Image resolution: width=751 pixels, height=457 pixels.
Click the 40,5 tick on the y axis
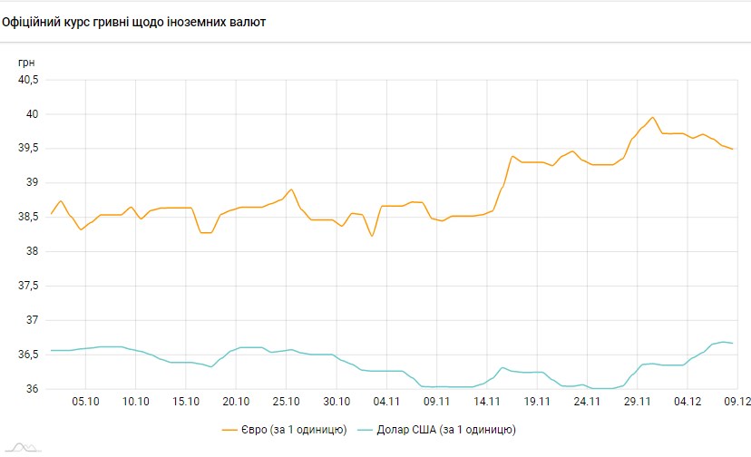(x=30, y=80)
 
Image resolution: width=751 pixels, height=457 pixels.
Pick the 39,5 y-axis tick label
(x=30, y=149)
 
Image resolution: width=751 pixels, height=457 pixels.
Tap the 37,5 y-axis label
(x=30, y=286)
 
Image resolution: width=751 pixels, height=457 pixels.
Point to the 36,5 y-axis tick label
(x=30, y=355)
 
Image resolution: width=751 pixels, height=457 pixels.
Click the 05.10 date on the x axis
(x=85, y=401)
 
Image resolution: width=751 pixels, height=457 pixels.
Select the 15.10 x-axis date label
(x=186, y=401)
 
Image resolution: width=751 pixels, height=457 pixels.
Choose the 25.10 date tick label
(x=286, y=401)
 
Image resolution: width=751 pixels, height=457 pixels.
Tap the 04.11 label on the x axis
(x=386, y=401)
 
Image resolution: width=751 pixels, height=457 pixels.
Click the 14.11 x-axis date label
(x=487, y=401)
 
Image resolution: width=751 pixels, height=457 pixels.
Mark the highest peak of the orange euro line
(x=653, y=117)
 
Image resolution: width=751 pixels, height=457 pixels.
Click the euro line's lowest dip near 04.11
(x=372, y=236)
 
